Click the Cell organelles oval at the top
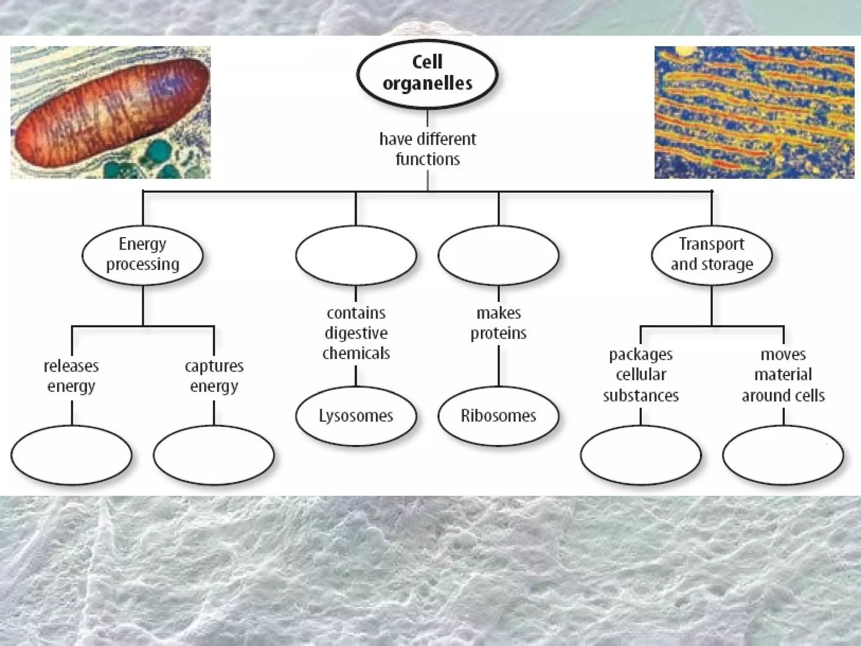[x=427, y=74]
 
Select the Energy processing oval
[x=142, y=255]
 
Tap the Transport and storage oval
[x=711, y=255]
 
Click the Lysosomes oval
[x=356, y=416]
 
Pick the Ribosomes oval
[x=498, y=416]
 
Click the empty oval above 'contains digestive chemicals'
[x=356, y=255]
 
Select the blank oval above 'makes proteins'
[x=498, y=255]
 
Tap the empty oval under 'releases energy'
[x=71, y=455]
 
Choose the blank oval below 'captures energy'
[x=214, y=455]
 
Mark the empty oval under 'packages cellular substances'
[x=641, y=455]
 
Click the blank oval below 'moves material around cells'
[x=783, y=455]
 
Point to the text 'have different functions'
[x=427, y=149]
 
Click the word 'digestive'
[x=356, y=333]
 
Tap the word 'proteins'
[x=498, y=333]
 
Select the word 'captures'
[x=214, y=366]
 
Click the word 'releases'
[x=71, y=366]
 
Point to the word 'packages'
[x=641, y=355]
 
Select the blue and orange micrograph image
[x=754, y=112]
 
